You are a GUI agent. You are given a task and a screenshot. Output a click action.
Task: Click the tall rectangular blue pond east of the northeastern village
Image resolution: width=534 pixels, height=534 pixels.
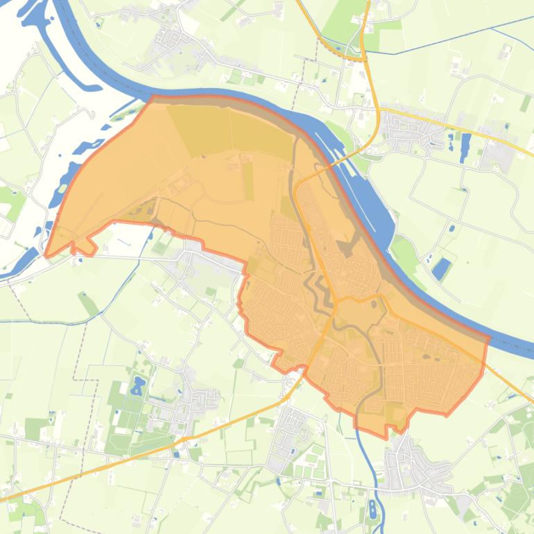click(x=465, y=147)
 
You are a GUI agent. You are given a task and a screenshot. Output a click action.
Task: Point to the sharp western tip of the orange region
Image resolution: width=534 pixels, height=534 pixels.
click(x=46, y=255)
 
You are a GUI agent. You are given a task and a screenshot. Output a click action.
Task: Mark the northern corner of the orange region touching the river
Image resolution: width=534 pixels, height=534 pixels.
click(x=151, y=98)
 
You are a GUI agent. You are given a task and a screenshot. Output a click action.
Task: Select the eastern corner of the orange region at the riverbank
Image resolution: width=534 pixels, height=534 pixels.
click(x=488, y=338)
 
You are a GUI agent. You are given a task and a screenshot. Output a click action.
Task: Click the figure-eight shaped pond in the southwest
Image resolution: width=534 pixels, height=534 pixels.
click(x=138, y=385)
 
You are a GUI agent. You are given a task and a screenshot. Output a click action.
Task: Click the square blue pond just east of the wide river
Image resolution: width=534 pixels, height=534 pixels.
click(x=441, y=268)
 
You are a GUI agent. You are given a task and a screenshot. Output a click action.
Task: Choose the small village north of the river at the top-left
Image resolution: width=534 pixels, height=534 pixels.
click(x=166, y=38)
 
